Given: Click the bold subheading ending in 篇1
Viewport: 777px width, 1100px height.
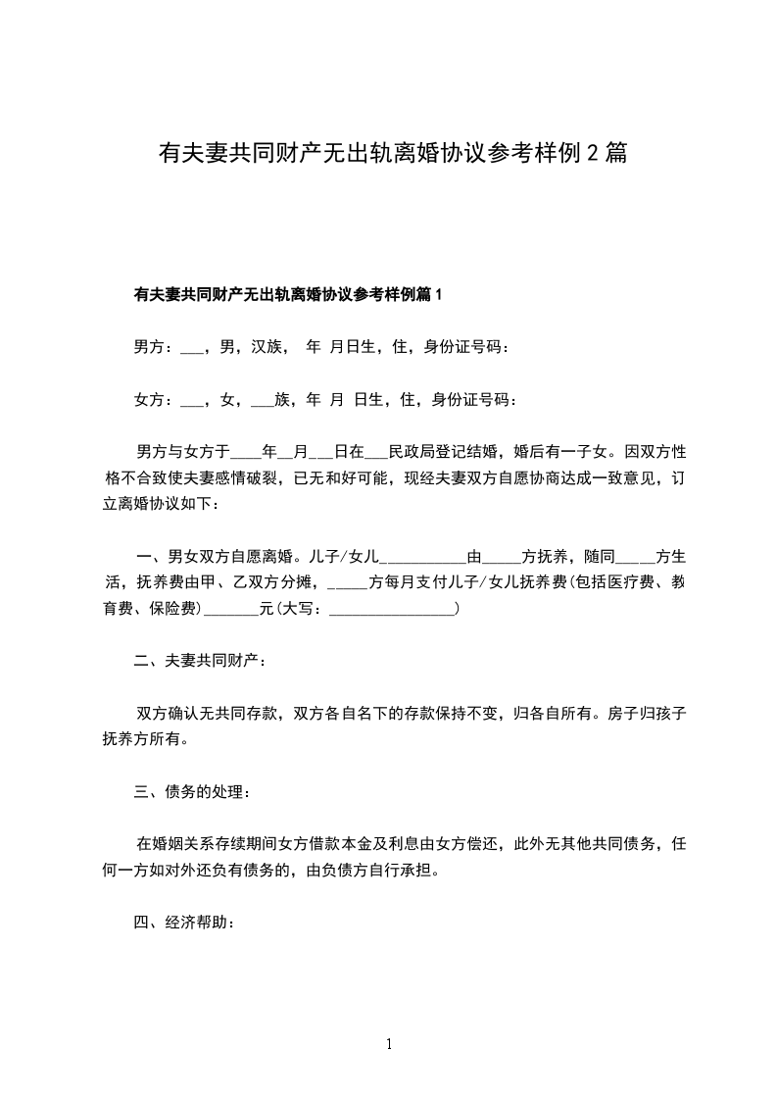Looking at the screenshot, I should point(288,294).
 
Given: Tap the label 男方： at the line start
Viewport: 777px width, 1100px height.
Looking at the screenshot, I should point(154,347).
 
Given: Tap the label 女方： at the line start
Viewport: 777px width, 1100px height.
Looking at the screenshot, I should point(154,400).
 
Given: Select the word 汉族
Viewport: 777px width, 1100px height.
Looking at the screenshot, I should point(267,347).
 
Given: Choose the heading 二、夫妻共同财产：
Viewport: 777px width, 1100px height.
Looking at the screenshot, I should point(200,662).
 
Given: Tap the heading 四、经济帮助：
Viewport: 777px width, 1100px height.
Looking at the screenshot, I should point(183,922).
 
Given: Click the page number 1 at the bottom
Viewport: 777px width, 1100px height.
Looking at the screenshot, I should point(389,1045).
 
